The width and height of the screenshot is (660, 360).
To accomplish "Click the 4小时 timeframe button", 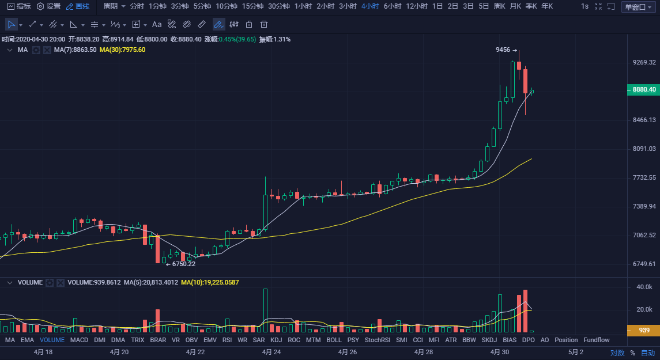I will (x=370, y=6).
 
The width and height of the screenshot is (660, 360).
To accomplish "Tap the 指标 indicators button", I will (x=19, y=6).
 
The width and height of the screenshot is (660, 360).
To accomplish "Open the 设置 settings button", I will (x=48, y=6).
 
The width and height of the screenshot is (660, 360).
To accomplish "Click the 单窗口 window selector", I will (x=638, y=6).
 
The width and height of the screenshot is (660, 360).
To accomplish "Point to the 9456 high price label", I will (x=503, y=50).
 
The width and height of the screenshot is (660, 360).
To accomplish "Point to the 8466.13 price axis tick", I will (x=644, y=120).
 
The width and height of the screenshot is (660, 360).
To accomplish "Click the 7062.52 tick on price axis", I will (x=644, y=235).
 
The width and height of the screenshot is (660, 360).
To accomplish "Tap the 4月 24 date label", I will (x=271, y=351).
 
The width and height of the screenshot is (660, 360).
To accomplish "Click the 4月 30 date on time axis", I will (x=500, y=351).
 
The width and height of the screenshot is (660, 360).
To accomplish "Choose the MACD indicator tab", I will (x=79, y=340).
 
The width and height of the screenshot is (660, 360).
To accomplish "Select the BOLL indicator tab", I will (x=334, y=340).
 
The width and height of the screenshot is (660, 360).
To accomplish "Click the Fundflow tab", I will (x=596, y=340).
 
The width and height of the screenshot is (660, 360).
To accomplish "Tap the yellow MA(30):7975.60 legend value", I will (x=122, y=50).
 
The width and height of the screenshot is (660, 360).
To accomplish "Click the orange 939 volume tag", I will (x=643, y=331).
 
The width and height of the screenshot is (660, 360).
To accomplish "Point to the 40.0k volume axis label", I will (x=644, y=287).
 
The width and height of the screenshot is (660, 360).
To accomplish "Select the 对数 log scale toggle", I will (x=617, y=353).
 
